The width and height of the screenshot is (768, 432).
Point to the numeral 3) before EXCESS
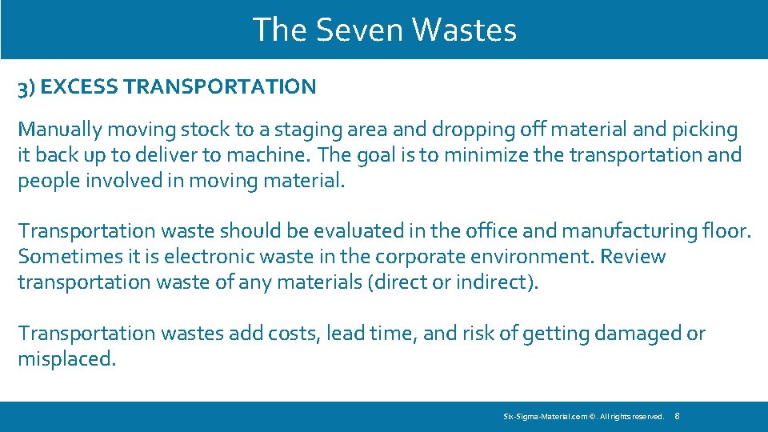click(x=26, y=88)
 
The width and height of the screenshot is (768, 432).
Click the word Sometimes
click(x=62, y=257)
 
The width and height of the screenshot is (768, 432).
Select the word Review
click(x=633, y=257)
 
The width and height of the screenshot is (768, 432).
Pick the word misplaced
click(x=66, y=358)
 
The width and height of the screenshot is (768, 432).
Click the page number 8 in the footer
click(x=678, y=416)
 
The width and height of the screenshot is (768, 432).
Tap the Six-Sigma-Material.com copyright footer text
click(x=583, y=417)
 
